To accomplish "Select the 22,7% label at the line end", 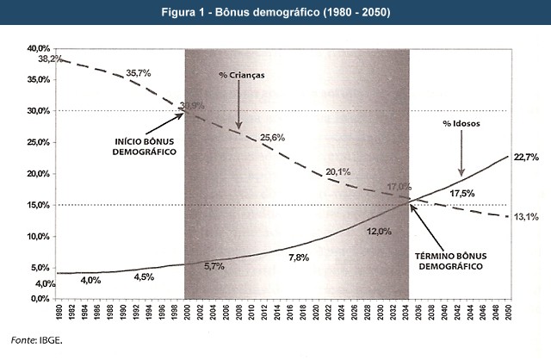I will tap(525, 157).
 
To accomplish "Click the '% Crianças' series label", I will tap(241, 75).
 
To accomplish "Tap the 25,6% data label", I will tap(272, 138).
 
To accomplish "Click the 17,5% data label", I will tap(462, 193).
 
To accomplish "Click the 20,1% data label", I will tap(337, 172).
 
